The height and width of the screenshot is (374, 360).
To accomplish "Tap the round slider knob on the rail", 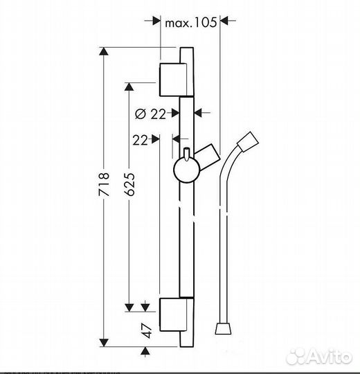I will click(186, 168).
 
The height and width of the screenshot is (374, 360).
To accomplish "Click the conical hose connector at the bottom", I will click(222, 325).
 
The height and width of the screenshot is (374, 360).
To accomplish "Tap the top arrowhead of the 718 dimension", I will click(104, 52).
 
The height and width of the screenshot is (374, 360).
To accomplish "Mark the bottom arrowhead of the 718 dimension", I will click(104, 341).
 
